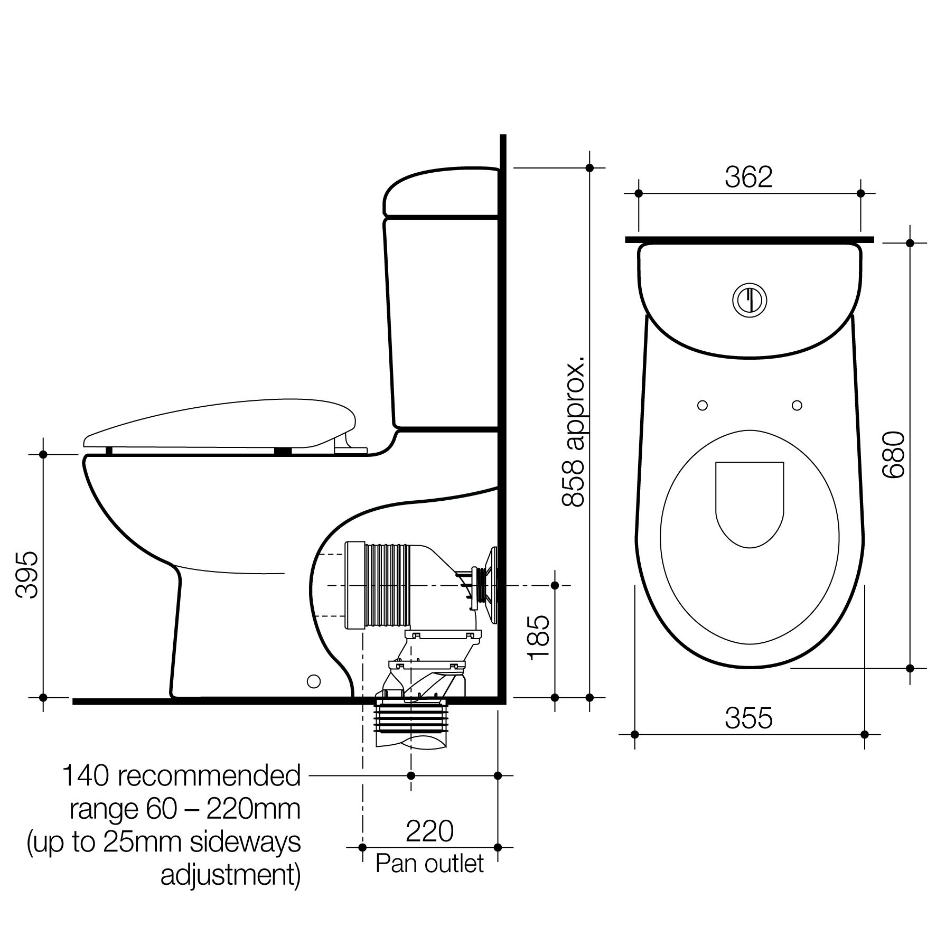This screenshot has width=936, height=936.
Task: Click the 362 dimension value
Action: [x=748, y=177]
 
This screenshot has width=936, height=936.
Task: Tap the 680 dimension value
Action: [x=894, y=455]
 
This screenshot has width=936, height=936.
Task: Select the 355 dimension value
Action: [x=748, y=718]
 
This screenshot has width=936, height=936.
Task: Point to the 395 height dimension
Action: [x=26, y=575]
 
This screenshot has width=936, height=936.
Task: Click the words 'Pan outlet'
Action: [x=429, y=864]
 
